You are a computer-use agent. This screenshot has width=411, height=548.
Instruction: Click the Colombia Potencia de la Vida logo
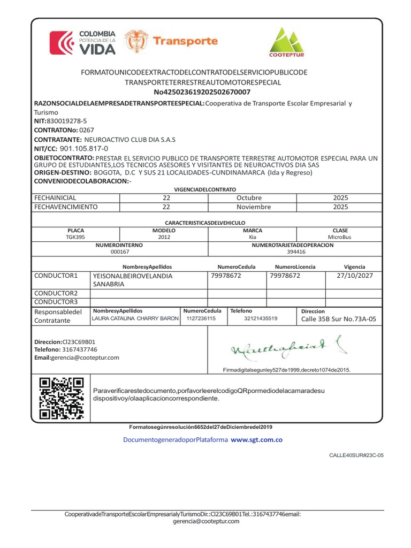[82, 43]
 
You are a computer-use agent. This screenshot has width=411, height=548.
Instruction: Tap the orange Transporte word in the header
[185, 41]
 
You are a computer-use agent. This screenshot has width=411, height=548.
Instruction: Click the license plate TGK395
[75, 237]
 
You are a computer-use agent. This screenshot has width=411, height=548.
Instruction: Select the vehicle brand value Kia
[253, 237]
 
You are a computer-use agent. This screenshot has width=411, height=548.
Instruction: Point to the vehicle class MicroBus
[340, 237]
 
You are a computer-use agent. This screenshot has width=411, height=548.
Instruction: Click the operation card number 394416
[296, 252]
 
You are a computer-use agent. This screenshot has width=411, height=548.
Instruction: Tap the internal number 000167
[119, 252]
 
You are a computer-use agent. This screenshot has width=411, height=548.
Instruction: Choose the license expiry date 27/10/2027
[355, 276]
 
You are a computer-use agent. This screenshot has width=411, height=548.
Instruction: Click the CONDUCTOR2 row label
[56, 293]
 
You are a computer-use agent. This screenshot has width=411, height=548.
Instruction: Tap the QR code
[62, 398]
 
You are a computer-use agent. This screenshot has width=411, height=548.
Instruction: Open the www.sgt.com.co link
[256, 439]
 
